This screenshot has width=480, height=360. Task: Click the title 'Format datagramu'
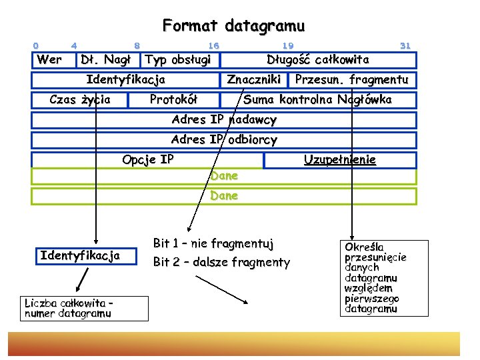pyautogui.click(x=233, y=26)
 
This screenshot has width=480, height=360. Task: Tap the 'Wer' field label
pyautogui.click(x=50, y=60)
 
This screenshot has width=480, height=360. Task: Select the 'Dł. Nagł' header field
pyautogui.click(x=105, y=60)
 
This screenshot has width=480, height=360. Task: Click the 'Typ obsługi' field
pyautogui.click(x=178, y=60)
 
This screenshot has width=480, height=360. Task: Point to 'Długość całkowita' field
pyautogui.click(x=317, y=60)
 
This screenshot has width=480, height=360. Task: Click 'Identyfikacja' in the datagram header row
pyautogui.click(x=126, y=80)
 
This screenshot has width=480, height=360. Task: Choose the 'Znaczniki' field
pyautogui.click(x=253, y=80)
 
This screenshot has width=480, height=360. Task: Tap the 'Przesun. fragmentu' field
pyautogui.click(x=351, y=80)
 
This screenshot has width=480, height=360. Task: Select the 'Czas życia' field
pyautogui.click(x=80, y=100)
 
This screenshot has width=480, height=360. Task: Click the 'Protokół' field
pyautogui.click(x=173, y=100)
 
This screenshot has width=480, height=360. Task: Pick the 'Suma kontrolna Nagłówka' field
pyautogui.click(x=317, y=100)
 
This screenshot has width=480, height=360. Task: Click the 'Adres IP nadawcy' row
pyautogui.click(x=224, y=120)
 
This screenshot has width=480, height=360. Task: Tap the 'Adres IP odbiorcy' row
pyautogui.click(x=224, y=140)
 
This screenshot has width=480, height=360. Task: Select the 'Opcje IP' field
pyautogui.click(x=148, y=160)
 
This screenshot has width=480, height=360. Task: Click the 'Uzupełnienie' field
pyautogui.click(x=339, y=160)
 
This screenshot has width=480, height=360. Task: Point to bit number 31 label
pyautogui.click(x=404, y=45)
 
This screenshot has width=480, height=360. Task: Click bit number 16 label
pyautogui.click(x=213, y=45)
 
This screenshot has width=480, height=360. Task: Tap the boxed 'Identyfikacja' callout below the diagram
pyautogui.click(x=80, y=255)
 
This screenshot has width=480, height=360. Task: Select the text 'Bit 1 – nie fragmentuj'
pyautogui.click(x=213, y=243)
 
